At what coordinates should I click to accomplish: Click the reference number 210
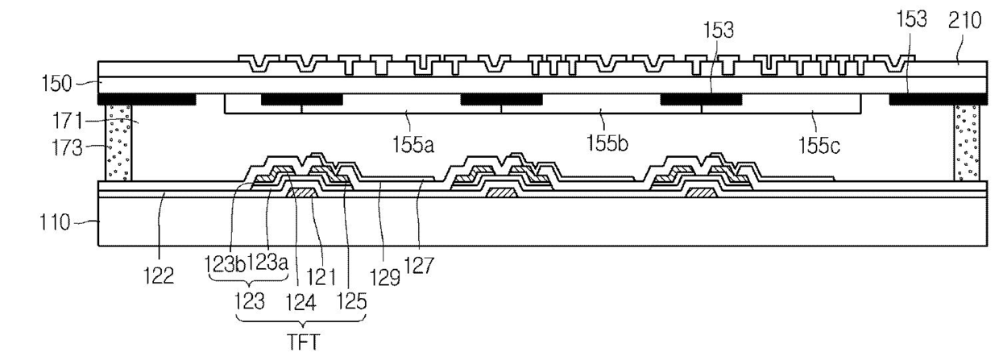(965, 22)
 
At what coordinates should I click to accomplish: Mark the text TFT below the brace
(303, 344)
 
